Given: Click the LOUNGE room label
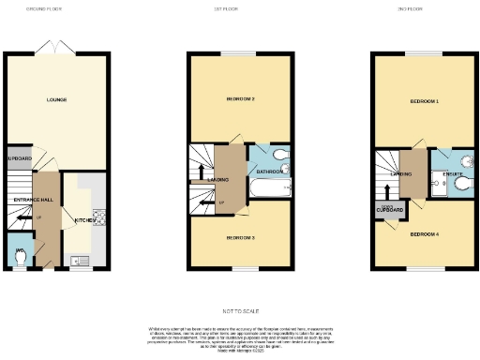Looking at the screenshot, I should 57,98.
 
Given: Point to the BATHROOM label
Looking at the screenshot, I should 270,172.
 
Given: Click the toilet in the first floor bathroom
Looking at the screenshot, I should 282,155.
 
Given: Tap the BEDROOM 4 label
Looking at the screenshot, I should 425,233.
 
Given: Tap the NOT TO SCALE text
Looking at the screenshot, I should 241,309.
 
